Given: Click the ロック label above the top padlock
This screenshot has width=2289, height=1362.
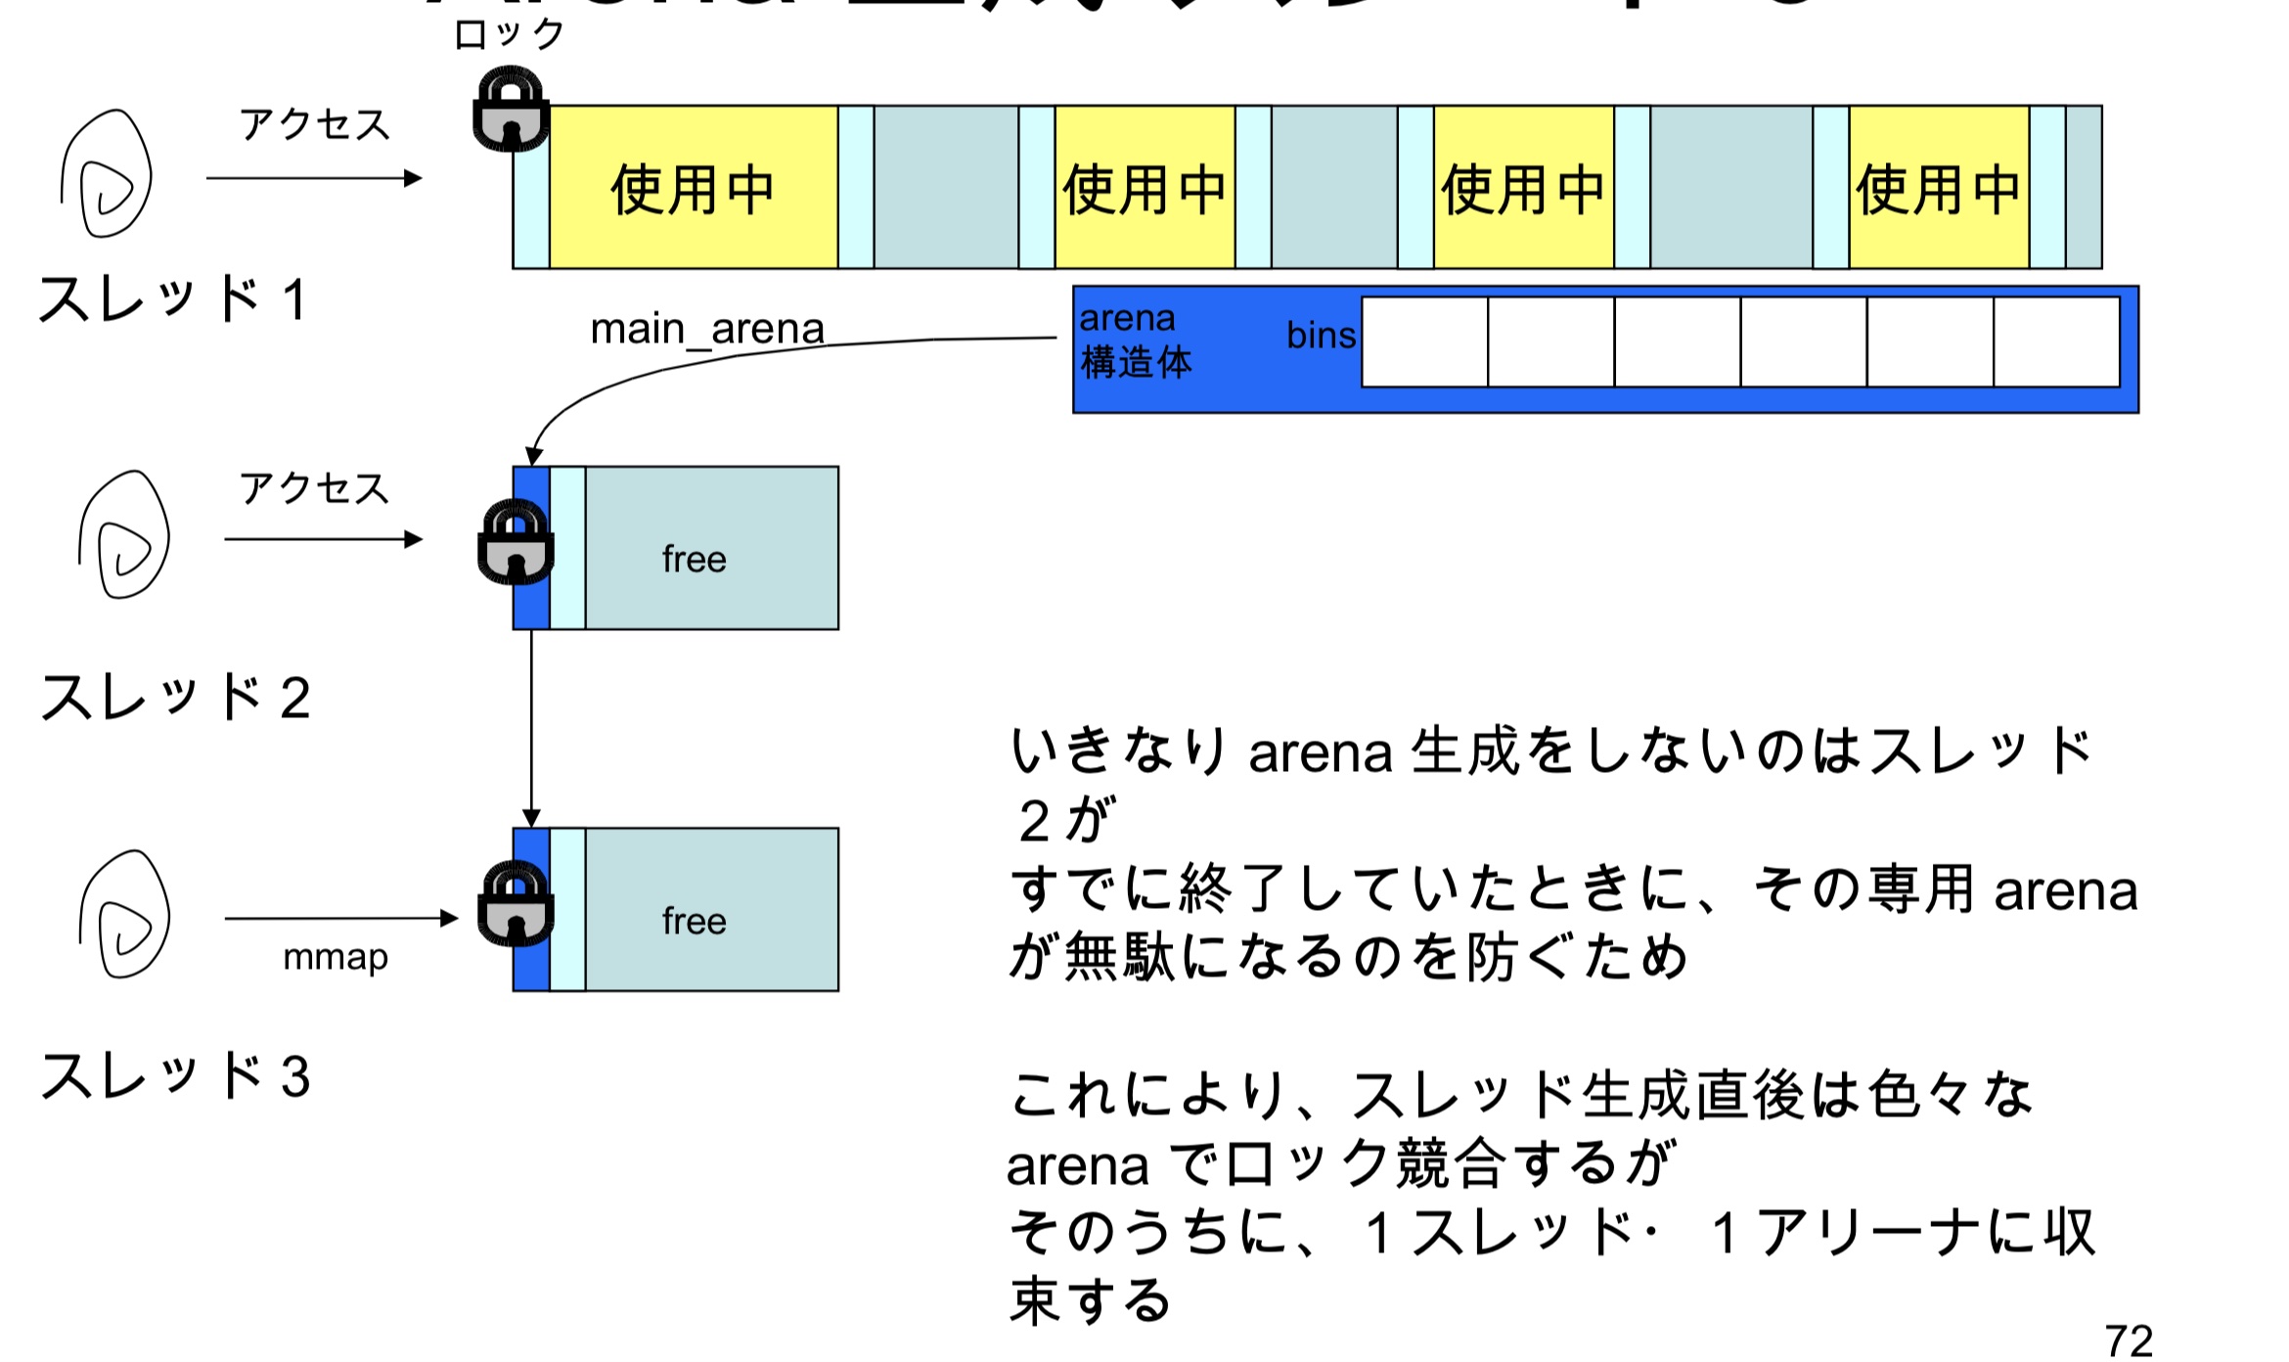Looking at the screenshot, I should (x=509, y=35).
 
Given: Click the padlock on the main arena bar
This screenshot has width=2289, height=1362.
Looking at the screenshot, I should (x=511, y=110).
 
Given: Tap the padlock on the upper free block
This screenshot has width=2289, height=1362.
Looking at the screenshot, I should (x=516, y=542).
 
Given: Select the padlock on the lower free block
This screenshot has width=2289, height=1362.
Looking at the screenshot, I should (x=516, y=903).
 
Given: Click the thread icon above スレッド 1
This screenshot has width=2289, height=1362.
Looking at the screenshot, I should (x=107, y=174).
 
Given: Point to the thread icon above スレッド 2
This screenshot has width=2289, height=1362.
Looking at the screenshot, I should (x=124, y=535).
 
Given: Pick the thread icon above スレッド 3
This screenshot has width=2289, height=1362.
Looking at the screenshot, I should (x=124, y=914).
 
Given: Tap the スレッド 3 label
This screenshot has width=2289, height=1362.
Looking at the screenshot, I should (x=175, y=1075).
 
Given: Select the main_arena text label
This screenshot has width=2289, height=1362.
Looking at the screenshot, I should (x=707, y=329).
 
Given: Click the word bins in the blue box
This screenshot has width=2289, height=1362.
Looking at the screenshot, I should (x=1321, y=336).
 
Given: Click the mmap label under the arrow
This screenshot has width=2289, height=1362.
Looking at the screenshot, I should (x=336, y=956).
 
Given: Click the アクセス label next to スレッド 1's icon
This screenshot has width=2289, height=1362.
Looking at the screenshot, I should (x=315, y=125).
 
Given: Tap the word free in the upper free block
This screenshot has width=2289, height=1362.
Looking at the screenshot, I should (x=694, y=559).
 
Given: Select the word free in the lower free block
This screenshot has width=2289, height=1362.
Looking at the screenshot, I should (x=694, y=921).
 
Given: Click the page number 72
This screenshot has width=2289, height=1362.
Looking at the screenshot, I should (x=2129, y=1339).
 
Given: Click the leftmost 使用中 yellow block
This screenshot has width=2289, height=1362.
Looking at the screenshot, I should (x=693, y=188).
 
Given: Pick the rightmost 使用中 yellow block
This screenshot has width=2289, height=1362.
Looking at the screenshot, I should (x=1938, y=188).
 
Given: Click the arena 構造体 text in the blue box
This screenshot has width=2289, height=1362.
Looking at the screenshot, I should (x=1135, y=340).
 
